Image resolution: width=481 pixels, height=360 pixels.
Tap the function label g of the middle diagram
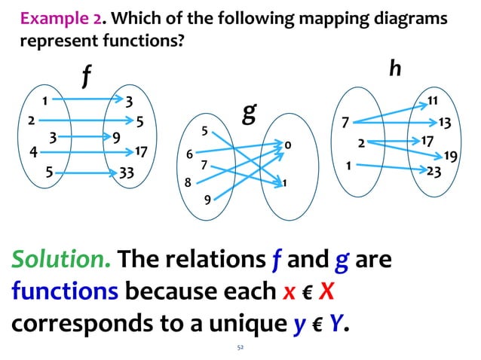tap(250, 117)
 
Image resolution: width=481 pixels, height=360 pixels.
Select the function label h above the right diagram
tap(394, 69)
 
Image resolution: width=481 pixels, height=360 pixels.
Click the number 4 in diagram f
tap(33, 152)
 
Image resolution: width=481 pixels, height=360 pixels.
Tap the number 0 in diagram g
tap(289, 144)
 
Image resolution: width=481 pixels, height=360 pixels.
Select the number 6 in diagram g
tap(189, 154)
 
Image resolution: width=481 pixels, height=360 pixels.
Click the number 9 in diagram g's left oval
tap(207, 200)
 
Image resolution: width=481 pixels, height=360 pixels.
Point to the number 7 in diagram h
tap(345, 121)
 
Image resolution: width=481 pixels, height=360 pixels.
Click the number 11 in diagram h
tap(433, 99)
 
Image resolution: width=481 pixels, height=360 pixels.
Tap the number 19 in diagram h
tap(450, 156)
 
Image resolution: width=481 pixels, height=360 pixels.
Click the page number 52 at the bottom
tap(240, 349)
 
